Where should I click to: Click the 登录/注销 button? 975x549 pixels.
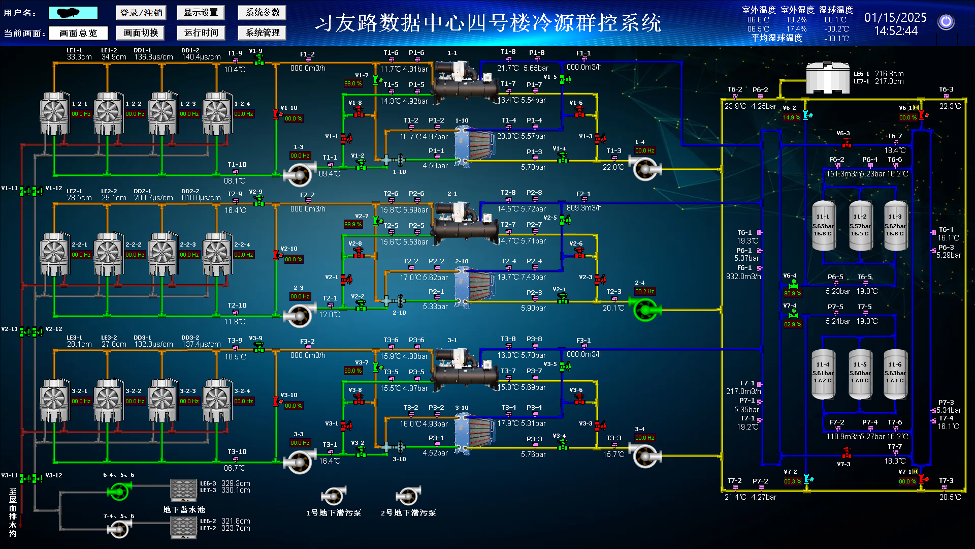click(x=141, y=13)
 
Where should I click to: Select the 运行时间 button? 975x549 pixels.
click(x=201, y=33)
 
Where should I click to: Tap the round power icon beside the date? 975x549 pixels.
click(x=946, y=22)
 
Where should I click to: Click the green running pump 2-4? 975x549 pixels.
click(x=645, y=309)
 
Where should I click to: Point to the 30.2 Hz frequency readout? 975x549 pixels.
click(x=644, y=292)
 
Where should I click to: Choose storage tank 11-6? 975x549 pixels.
click(x=895, y=373)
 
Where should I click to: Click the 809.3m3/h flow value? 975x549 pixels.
click(x=584, y=208)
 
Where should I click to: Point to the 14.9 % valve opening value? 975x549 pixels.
click(x=792, y=117)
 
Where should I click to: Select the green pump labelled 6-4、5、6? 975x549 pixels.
click(x=119, y=491)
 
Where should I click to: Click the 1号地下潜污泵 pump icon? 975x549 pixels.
click(x=333, y=496)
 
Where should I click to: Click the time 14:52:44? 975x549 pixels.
click(x=896, y=31)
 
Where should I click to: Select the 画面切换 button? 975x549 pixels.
click(x=141, y=33)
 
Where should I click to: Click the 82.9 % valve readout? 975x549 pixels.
click(x=792, y=324)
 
